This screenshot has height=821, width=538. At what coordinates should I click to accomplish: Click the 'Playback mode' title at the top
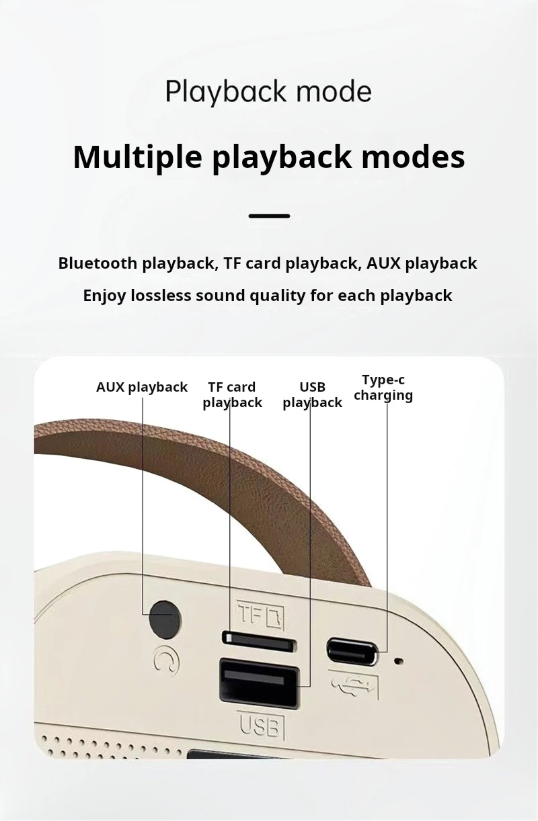coord(268,91)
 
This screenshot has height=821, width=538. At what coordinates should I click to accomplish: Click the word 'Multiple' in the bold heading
coord(138,157)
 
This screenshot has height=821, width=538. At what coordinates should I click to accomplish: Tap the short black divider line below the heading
coord(269,216)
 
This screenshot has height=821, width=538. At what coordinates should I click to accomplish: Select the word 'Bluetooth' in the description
coord(98,263)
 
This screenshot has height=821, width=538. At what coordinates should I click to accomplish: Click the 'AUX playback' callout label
coord(142,388)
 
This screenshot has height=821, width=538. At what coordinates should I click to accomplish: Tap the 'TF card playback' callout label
coord(232,395)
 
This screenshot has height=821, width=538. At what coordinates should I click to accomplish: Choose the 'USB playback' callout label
coord(312,395)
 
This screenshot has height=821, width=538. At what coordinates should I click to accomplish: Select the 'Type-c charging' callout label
coord(383,388)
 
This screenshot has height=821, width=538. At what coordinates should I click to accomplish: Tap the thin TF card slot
coord(259,642)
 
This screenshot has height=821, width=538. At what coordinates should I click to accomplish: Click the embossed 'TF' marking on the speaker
coord(260,615)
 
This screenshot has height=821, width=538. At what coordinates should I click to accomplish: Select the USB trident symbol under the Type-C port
coord(353,685)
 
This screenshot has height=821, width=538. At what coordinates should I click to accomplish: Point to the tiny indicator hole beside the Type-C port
coord(399,661)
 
